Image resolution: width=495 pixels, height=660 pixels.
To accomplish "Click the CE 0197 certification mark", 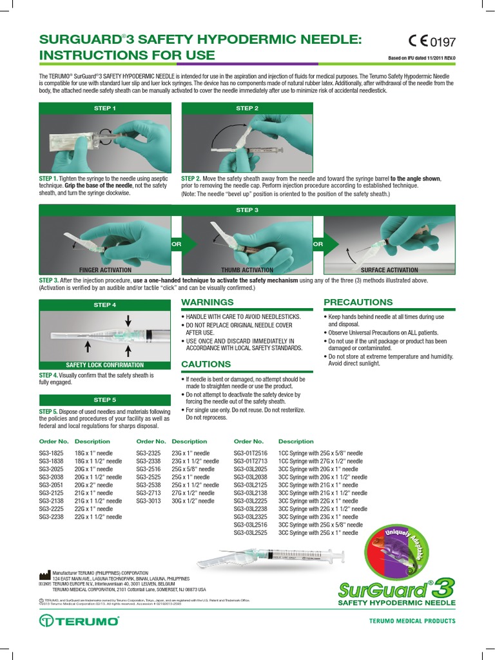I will tap(431, 43).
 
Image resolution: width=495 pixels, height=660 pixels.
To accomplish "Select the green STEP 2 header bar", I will tap(247, 108).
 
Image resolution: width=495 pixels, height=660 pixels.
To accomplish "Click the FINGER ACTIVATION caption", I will tap(105, 270).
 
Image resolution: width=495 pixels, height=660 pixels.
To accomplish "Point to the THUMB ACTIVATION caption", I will tap(247, 270).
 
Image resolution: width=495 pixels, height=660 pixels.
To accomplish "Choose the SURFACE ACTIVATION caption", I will tap(389, 270).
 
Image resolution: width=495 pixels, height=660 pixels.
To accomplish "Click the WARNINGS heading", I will tap(207, 302).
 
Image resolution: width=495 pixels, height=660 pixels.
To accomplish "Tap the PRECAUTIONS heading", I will tap(358, 302).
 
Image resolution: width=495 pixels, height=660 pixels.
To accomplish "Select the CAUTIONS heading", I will tap(206, 364).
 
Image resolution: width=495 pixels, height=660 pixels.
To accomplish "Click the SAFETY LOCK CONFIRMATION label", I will tap(105, 365).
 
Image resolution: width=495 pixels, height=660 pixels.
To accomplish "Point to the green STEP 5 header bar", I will tap(105, 400).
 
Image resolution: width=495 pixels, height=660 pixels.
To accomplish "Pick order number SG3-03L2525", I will tap(251, 532).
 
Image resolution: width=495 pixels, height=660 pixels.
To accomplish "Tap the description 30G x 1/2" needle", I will tap(193, 501).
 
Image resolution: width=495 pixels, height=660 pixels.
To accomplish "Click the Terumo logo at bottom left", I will tap(79, 621).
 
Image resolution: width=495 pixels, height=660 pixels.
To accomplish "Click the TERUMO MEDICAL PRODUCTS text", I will tap(412, 621).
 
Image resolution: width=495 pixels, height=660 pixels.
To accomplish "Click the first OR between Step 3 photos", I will tap(175, 244).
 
